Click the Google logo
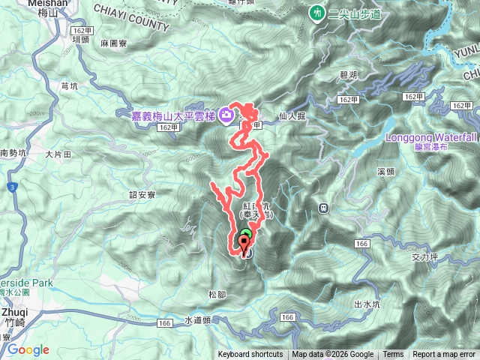28,349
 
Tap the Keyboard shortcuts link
250,355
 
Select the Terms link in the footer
393,355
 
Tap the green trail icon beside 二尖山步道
318,13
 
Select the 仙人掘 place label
292,116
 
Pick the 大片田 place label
58,154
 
